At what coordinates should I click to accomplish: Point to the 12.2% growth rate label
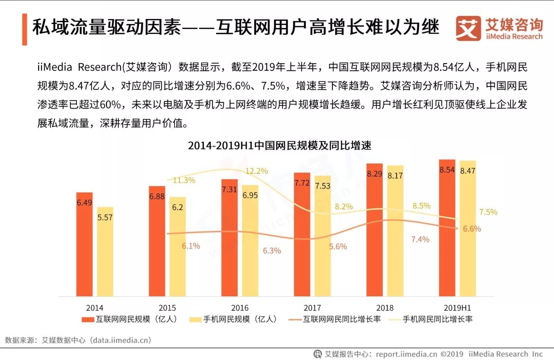[257, 171]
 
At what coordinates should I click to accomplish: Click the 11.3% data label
[184, 180]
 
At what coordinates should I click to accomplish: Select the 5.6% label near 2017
[338, 246]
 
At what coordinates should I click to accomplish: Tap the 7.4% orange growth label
[420, 239]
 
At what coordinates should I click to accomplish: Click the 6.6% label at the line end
[472, 229]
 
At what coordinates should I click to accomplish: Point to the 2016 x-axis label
[240, 308]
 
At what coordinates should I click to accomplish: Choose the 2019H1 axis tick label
[457, 308]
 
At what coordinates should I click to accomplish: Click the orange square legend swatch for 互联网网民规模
[88, 319]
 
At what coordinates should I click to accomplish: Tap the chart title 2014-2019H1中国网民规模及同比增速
[279, 145]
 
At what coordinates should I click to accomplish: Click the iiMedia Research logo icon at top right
[468, 28]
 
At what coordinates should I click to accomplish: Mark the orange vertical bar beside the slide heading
[25, 29]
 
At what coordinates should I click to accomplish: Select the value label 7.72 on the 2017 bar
[302, 183]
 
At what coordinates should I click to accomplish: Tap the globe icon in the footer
[318, 354]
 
